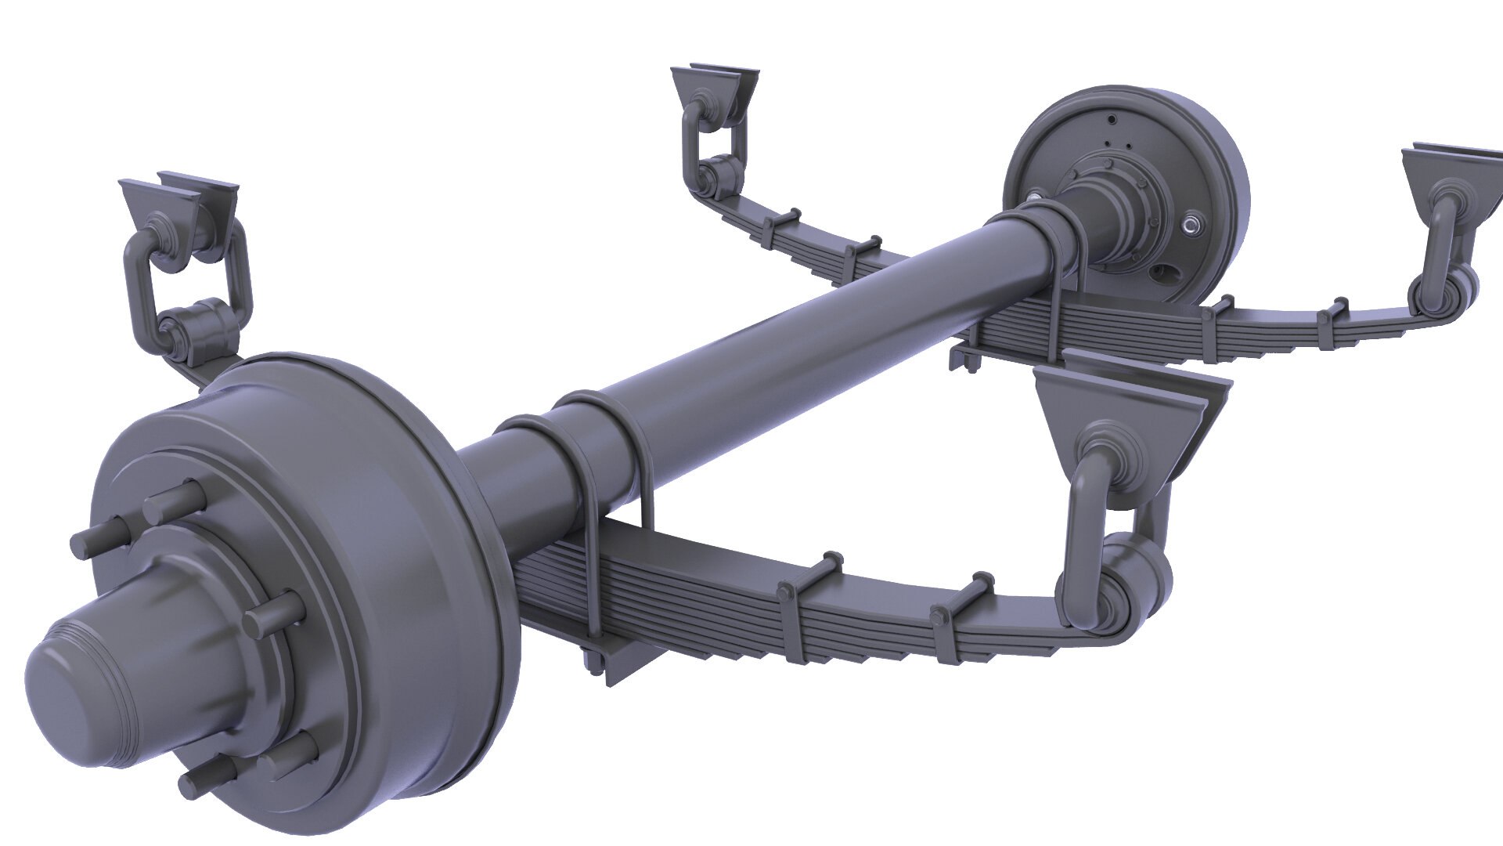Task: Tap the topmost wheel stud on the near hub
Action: (x=175, y=498)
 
